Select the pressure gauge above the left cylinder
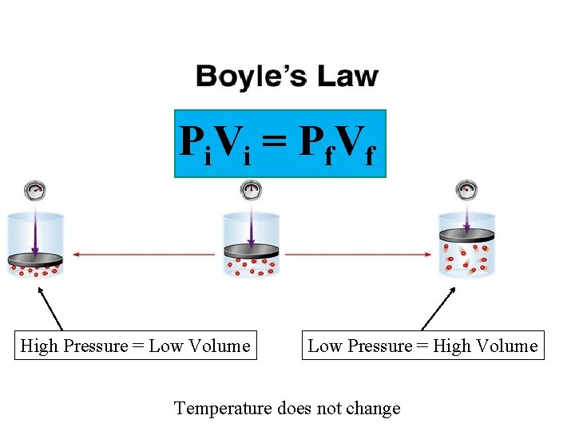click(x=35, y=191)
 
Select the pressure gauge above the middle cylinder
click(x=251, y=190)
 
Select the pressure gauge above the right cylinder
click(x=466, y=190)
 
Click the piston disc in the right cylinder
click(x=466, y=234)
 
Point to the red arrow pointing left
click(x=144, y=255)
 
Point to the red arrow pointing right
click(x=359, y=255)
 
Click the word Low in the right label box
click(x=324, y=346)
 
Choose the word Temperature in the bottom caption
click(x=224, y=409)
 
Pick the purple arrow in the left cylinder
click(x=35, y=227)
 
